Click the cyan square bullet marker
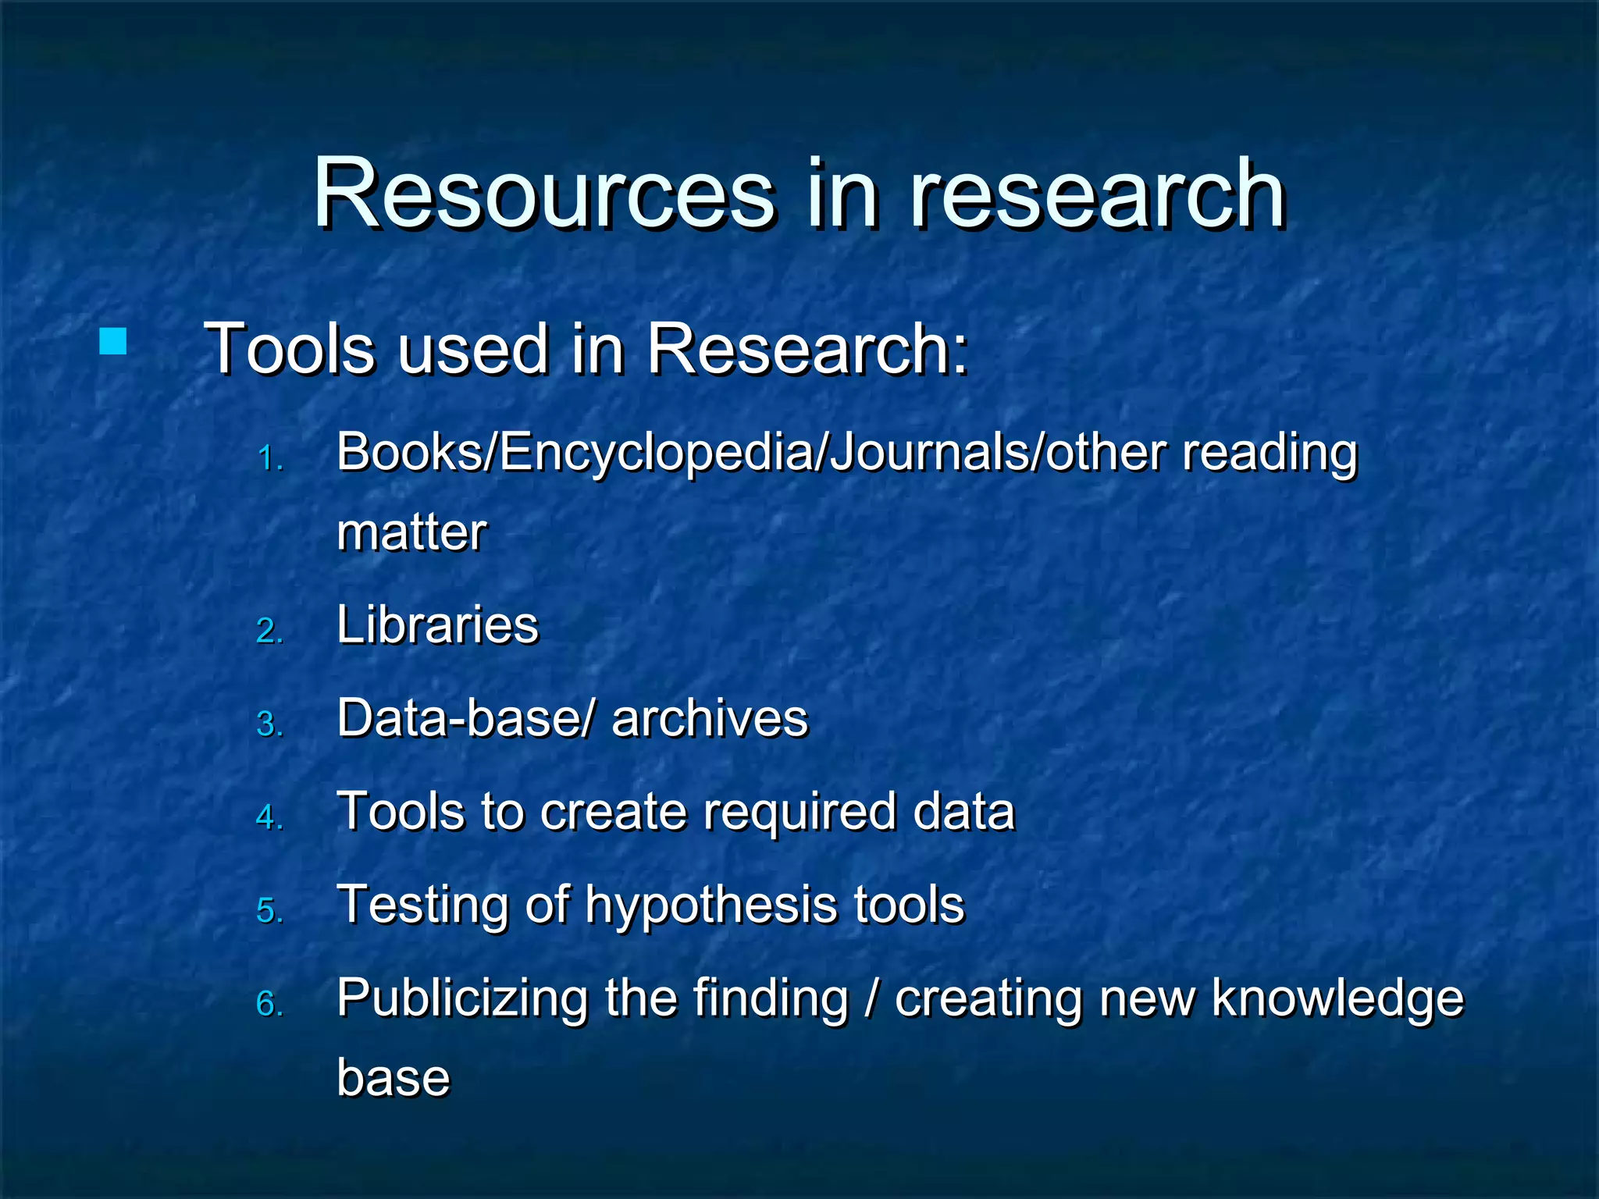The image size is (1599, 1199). (x=114, y=341)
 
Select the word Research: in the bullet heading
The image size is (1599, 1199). (x=807, y=349)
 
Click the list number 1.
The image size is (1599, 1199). (x=269, y=458)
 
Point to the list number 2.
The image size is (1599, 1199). (x=269, y=631)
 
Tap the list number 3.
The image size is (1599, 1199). (x=269, y=724)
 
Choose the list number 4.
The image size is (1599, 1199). (x=269, y=817)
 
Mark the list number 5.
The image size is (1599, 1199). (x=269, y=911)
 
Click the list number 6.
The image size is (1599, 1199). (x=269, y=1004)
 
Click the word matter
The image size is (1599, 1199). (x=411, y=532)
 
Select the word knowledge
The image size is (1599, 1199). (x=1337, y=999)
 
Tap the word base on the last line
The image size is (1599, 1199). (x=394, y=1079)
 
